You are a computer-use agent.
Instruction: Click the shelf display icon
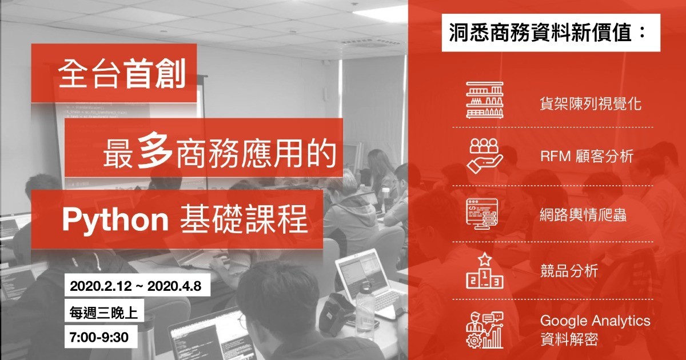tap(485, 100)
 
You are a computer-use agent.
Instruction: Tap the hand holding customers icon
tap(485, 156)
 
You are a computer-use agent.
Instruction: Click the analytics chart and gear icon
tap(485, 330)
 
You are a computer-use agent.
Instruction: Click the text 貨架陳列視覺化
tap(591, 103)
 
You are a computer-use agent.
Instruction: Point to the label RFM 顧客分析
tap(587, 156)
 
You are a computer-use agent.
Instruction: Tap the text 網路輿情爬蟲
tap(583, 215)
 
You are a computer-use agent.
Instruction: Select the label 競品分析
tap(569, 271)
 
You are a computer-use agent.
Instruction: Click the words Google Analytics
tap(595, 321)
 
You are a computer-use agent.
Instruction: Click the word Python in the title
tap(115, 220)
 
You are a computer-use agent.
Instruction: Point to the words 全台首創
tap(122, 74)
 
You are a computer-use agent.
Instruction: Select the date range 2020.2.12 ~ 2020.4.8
tap(135, 286)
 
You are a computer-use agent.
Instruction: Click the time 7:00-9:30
tap(99, 337)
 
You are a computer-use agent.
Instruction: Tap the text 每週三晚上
tap(103, 313)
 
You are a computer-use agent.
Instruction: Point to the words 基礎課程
tap(244, 219)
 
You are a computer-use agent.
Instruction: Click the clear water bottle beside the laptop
tap(365, 301)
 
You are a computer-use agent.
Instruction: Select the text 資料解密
tap(569, 339)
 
